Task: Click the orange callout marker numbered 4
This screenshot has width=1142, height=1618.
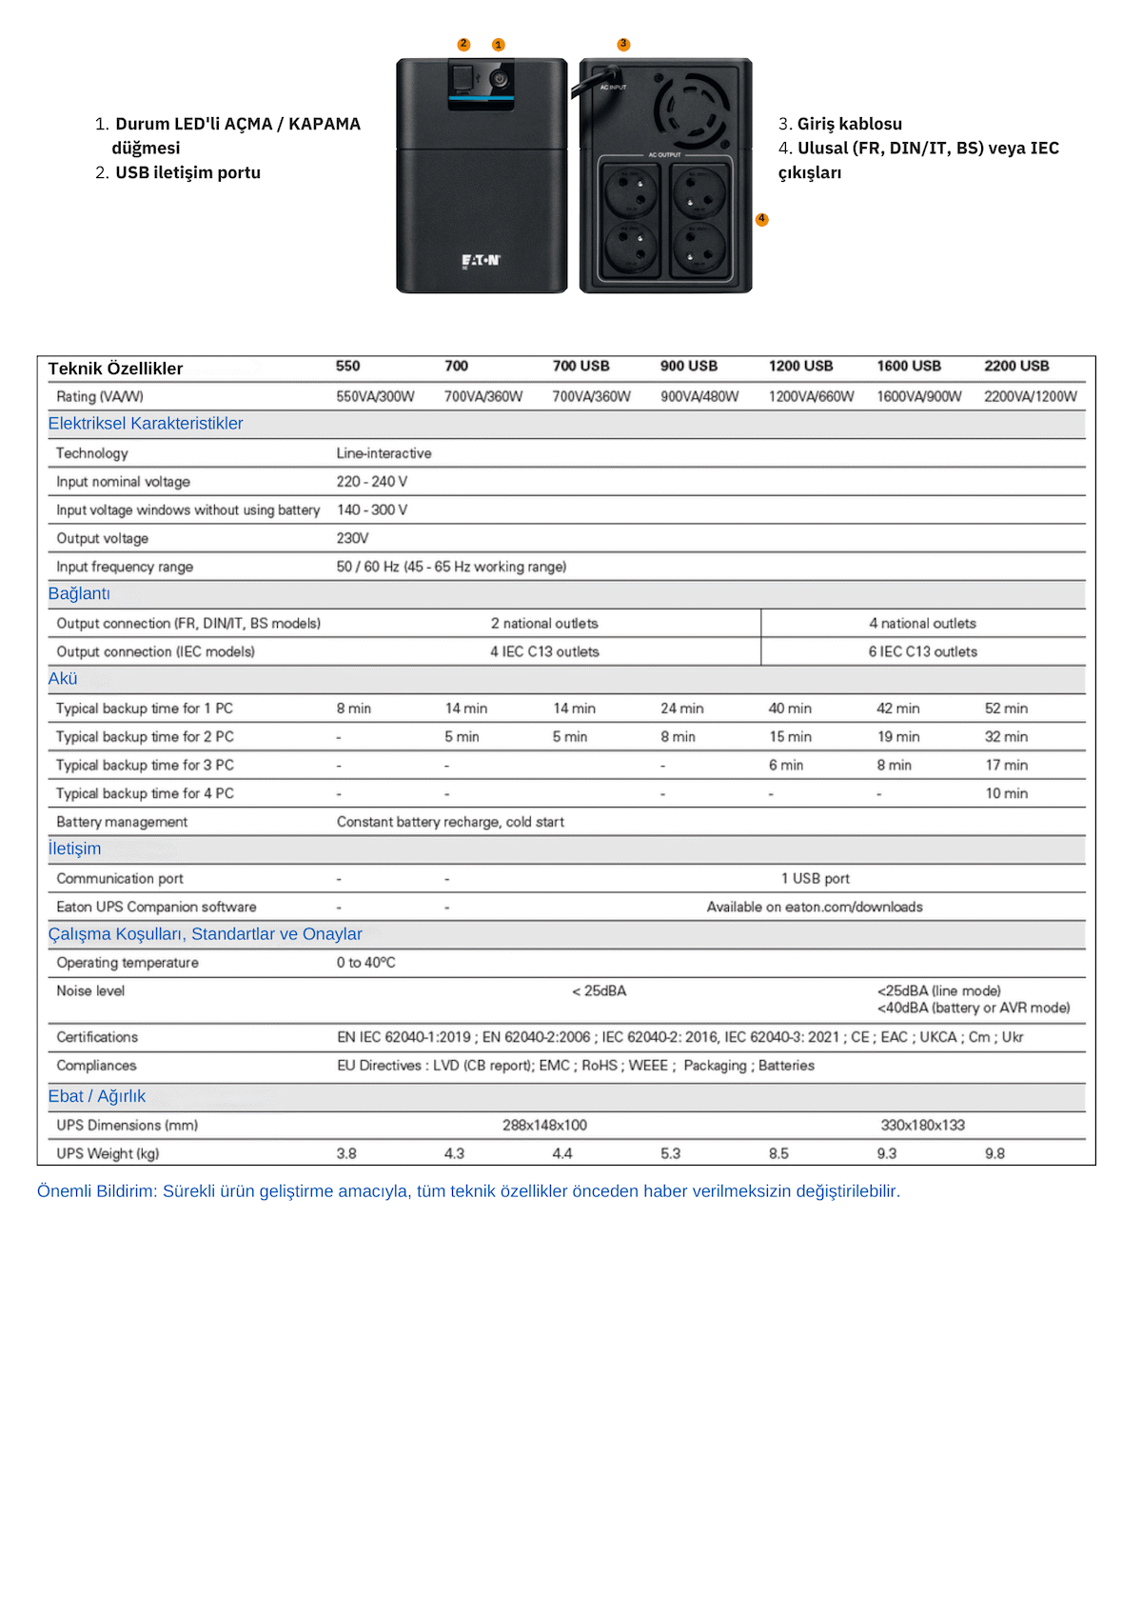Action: (x=761, y=219)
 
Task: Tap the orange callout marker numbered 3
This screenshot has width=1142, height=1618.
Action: (x=623, y=45)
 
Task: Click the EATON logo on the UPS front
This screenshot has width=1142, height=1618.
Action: (x=481, y=260)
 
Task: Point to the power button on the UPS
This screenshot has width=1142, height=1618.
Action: (x=500, y=78)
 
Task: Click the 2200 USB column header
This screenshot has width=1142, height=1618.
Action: (x=1016, y=367)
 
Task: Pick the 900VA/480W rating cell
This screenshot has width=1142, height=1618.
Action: (x=699, y=396)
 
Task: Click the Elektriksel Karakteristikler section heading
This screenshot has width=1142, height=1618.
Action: (x=146, y=424)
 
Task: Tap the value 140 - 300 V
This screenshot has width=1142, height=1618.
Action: (x=372, y=510)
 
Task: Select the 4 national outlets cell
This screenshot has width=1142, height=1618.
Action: (x=922, y=624)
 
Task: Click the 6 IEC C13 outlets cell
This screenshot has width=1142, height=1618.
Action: (x=922, y=652)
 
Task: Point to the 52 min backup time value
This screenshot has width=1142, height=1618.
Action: (x=1006, y=709)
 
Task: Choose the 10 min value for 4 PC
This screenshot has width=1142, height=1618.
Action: (x=1006, y=793)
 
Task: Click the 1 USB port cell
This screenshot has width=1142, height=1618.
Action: (x=815, y=879)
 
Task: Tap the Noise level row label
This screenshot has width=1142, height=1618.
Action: (x=90, y=991)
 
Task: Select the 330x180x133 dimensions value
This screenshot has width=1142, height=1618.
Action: (x=922, y=1126)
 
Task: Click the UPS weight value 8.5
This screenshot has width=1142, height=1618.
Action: (x=778, y=1154)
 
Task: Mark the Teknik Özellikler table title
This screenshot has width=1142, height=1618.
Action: (x=115, y=369)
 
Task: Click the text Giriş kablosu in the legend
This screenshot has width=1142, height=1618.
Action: (x=849, y=124)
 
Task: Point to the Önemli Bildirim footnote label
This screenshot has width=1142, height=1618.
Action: (x=97, y=1191)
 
